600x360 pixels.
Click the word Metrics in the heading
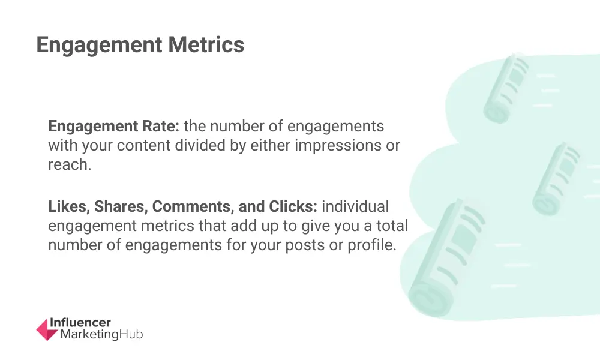click(x=206, y=44)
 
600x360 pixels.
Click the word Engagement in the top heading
click(x=99, y=46)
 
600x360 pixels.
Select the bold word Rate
click(x=161, y=126)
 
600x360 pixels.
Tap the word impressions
click(x=337, y=146)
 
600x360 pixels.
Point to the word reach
click(x=70, y=164)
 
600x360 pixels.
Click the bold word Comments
click(x=193, y=206)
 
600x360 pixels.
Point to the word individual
click(x=355, y=206)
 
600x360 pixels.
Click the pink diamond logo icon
click(x=47, y=329)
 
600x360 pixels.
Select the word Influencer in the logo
click(x=80, y=323)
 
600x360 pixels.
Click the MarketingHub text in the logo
click(x=102, y=334)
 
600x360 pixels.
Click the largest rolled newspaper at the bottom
click(x=446, y=258)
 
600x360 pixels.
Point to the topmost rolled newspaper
click(x=505, y=89)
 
